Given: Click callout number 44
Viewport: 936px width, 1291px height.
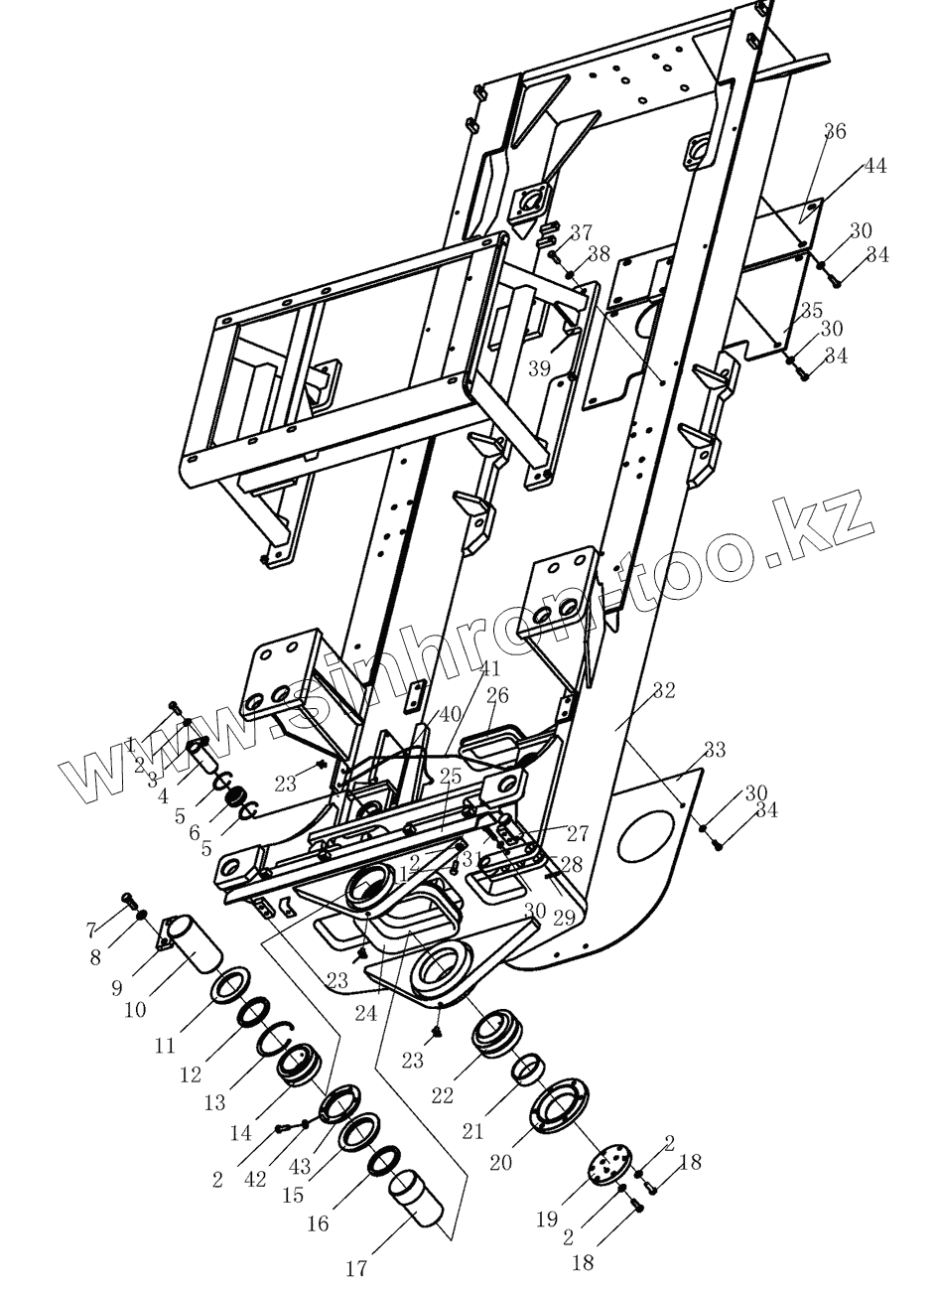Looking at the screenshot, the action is pyautogui.click(x=873, y=166).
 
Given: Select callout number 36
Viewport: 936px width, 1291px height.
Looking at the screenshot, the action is pyautogui.click(x=835, y=132).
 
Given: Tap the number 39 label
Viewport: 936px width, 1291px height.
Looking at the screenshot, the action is pyautogui.click(x=539, y=367).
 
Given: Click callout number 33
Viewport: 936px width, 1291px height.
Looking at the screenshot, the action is pyautogui.click(x=714, y=750).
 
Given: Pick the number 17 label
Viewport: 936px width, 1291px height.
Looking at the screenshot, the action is pyautogui.click(x=356, y=1267).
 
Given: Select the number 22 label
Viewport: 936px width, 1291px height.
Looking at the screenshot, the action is pyautogui.click(x=442, y=1094).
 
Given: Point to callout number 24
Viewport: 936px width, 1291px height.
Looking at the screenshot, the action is pyautogui.click(x=365, y=1014).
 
